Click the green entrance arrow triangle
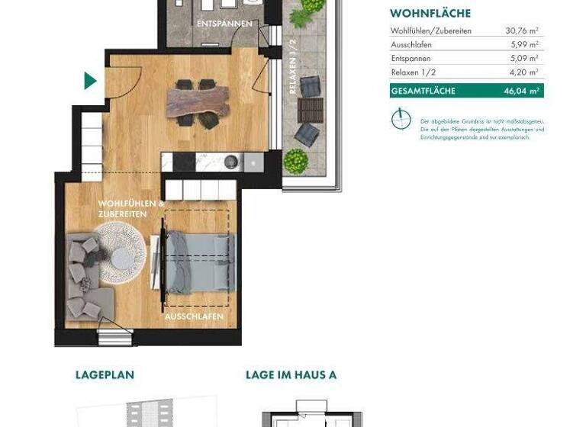89,81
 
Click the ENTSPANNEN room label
224,24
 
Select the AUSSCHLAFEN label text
195,316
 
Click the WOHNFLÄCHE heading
430,14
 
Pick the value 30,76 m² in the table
522,31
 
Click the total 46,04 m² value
522,91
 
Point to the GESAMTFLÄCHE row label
423,91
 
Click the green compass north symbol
401,119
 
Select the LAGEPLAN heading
105,374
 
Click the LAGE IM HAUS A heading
291,374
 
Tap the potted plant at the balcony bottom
295,161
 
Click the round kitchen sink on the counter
231,162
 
